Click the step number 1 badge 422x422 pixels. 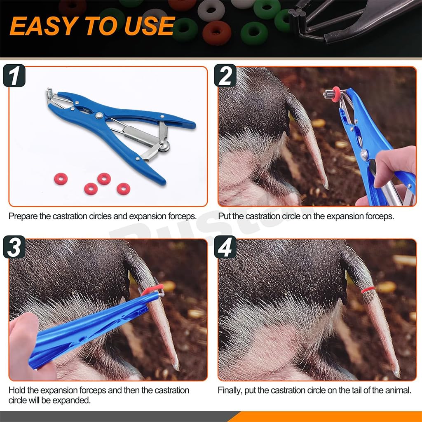pyautogui.click(x=14, y=76)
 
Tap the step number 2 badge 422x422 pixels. pyautogui.click(x=225, y=76)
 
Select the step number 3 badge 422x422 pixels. pyautogui.click(x=14, y=247)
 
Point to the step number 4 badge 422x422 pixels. pyautogui.click(x=225, y=247)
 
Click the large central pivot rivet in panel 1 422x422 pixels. pyautogui.click(x=99, y=115)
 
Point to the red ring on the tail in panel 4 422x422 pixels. pyautogui.click(x=368, y=290)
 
